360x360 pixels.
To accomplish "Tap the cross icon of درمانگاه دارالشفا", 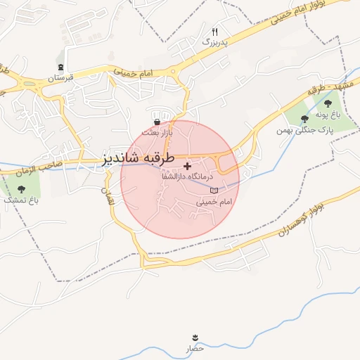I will (186, 165).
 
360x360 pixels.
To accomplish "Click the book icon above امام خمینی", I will (214, 191).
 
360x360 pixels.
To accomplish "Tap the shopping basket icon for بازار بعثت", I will (156, 122).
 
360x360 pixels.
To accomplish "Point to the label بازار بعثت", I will (156, 132).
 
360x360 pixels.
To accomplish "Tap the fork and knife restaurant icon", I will (216, 32).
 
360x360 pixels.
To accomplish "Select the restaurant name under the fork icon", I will (216, 42).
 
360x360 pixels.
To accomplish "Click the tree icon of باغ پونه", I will (328, 103).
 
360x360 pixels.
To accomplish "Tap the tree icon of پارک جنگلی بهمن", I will (304, 118).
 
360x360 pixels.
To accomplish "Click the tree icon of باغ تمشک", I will (20, 188).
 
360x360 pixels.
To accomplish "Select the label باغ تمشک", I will (20, 200).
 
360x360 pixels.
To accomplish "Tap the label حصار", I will (195, 348).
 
